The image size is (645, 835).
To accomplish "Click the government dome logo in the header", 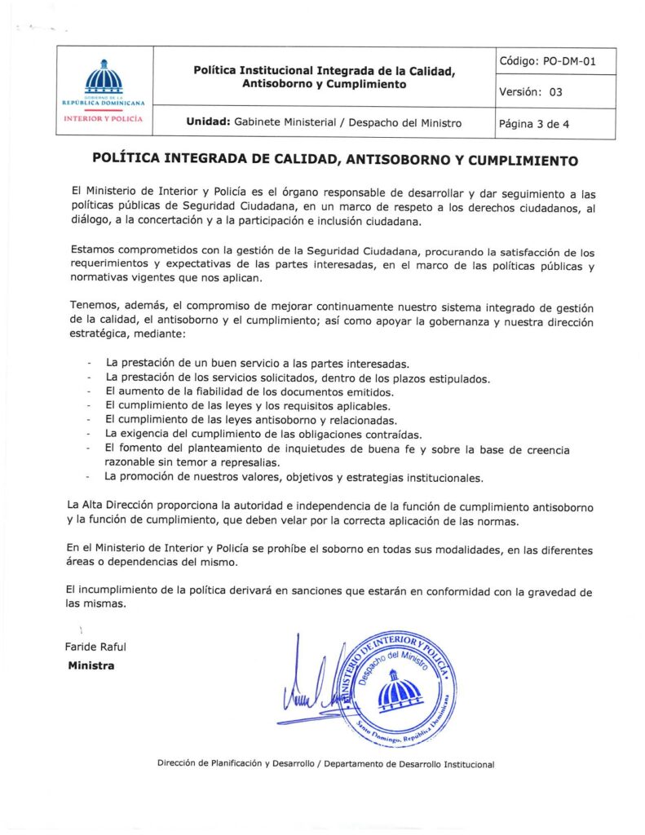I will click(x=104, y=78).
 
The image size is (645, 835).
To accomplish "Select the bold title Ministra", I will click(x=91, y=666).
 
